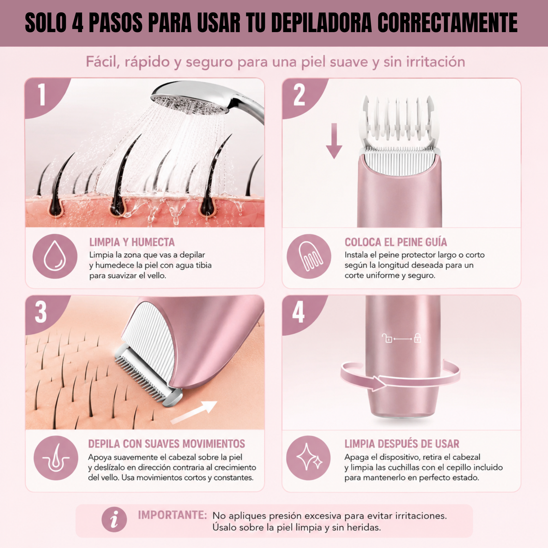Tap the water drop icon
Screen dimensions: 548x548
pyautogui.click(x=55, y=256)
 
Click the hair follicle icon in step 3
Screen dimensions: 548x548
pyautogui.click(x=56, y=458)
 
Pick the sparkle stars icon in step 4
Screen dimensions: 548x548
pyautogui.click(x=309, y=458)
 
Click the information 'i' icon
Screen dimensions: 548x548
pyautogui.click(x=114, y=520)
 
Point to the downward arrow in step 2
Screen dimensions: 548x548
pyautogui.click(x=334, y=141)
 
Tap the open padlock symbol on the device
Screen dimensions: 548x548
pyautogui.click(x=387, y=338)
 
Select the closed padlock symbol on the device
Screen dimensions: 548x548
pyautogui.click(x=418, y=338)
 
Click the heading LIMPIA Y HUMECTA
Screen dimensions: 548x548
pyautogui.click(x=132, y=242)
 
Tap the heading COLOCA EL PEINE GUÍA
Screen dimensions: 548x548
pyautogui.click(x=396, y=242)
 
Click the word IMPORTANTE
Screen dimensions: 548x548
pyautogui.click(x=172, y=515)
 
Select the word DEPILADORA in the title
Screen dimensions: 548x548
pyautogui.click(x=321, y=23)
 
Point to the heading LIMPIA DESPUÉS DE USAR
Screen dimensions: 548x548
pyautogui.click(x=402, y=444)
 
